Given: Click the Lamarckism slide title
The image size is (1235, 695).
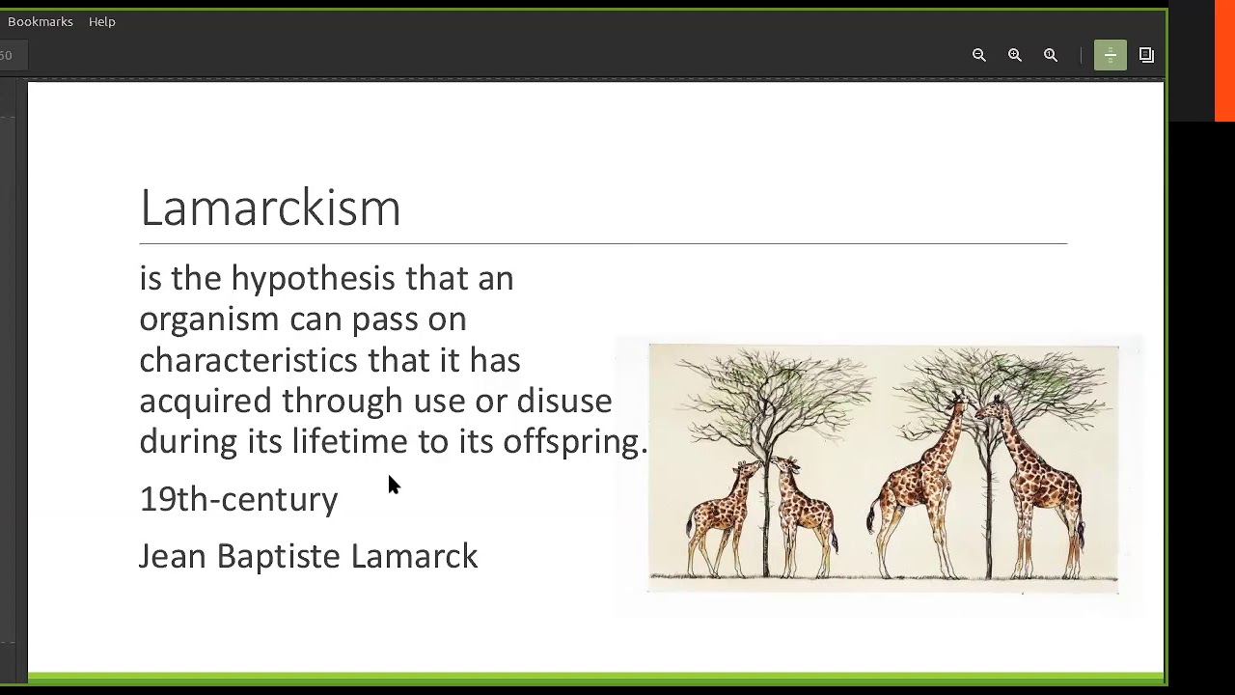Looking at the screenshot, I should [x=270, y=207].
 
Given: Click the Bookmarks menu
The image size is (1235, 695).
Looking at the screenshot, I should [x=41, y=21].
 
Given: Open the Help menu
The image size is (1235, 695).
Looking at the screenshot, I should [x=101, y=21].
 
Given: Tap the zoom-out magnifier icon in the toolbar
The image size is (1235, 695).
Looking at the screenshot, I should [x=979, y=55].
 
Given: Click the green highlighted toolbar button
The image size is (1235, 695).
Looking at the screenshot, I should [x=1110, y=55].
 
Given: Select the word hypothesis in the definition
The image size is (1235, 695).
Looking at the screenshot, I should [x=313, y=279].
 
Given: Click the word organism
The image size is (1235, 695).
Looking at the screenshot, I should [x=209, y=320].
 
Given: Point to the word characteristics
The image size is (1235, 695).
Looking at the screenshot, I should [x=248, y=360].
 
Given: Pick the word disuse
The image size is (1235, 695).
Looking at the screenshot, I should [x=563, y=401].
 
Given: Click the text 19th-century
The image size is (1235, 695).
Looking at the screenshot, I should [x=238, y=499].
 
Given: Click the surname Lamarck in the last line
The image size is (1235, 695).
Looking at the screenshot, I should [x=414, y=556].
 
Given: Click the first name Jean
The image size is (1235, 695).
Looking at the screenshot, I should [x=173, y=556].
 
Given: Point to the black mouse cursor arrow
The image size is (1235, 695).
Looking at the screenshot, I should [x=393, y=484].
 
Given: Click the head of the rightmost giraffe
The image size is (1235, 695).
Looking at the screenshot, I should [x=990, y=405].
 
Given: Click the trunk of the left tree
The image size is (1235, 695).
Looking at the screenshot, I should [x=768, y=502].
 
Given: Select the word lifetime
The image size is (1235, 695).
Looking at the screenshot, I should [x=349, y=442].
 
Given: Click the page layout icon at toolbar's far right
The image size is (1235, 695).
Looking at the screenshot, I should [x=1146, y=55].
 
